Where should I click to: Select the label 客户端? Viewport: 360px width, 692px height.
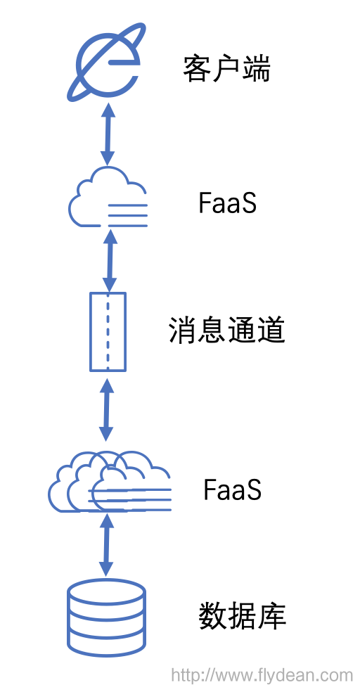tap(227, 69)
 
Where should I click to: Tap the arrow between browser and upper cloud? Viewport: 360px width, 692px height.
tap(108, 134)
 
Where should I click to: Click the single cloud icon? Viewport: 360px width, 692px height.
tap(108, 197)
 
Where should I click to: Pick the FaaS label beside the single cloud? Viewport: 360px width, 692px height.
tap(227, 203)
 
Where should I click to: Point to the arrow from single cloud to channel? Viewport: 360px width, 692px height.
tap(109, 260)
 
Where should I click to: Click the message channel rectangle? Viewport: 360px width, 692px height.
tap(108, 332)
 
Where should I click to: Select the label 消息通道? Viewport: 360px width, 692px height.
tap(227, 331)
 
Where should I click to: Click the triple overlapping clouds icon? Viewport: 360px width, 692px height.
tap(109, 482)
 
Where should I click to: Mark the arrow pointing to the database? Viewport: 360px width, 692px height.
tap(106, 544)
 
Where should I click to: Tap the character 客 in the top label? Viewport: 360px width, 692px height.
tap(198, 69)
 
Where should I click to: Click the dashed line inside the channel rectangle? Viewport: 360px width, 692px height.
tap(108, 332)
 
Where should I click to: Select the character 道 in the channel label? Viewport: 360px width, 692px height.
tap(271, 331)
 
